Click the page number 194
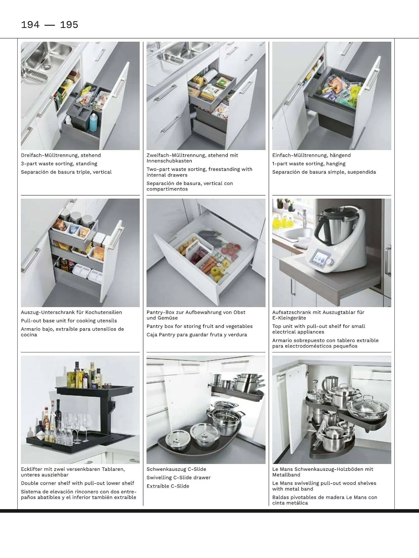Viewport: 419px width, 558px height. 30,25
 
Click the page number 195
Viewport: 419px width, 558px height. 69,25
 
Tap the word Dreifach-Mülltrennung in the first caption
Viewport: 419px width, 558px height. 50,155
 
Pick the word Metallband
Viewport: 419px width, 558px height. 286,475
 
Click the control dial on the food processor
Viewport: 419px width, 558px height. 330,262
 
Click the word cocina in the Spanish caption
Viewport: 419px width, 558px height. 29,335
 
